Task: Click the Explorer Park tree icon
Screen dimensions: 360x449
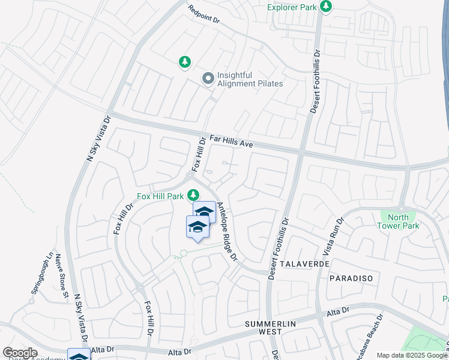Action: pos(326,7)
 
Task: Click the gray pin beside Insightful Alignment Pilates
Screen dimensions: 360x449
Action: pos(208,79)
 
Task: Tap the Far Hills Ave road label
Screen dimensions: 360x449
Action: pos(231,141)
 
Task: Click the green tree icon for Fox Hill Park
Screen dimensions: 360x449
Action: pos(193,195)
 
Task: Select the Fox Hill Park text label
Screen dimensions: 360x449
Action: pos(161,196)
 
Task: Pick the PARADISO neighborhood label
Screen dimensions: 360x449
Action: pos(351,278)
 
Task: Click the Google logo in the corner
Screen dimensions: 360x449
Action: pos(20,353)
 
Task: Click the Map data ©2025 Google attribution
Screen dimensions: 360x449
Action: pos(412,355)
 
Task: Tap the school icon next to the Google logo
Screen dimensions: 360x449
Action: pos(79,356)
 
